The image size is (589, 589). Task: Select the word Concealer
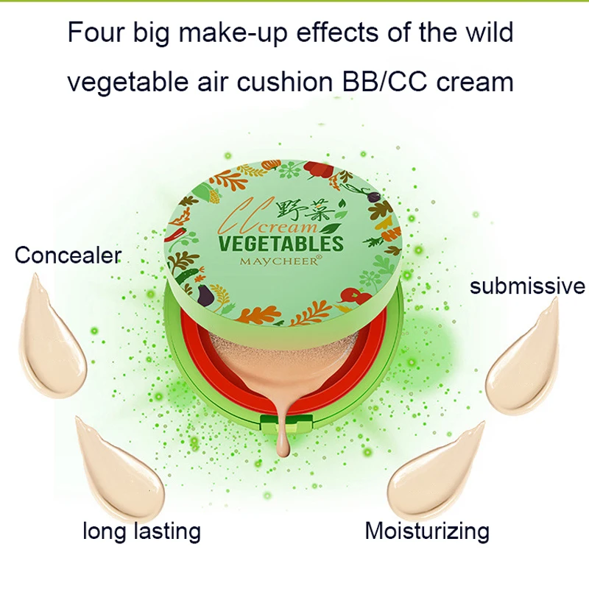(68, 255)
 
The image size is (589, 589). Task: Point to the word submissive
(527, 286)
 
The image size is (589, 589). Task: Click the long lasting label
(141, 530)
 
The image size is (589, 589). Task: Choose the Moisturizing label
(427, 530)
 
